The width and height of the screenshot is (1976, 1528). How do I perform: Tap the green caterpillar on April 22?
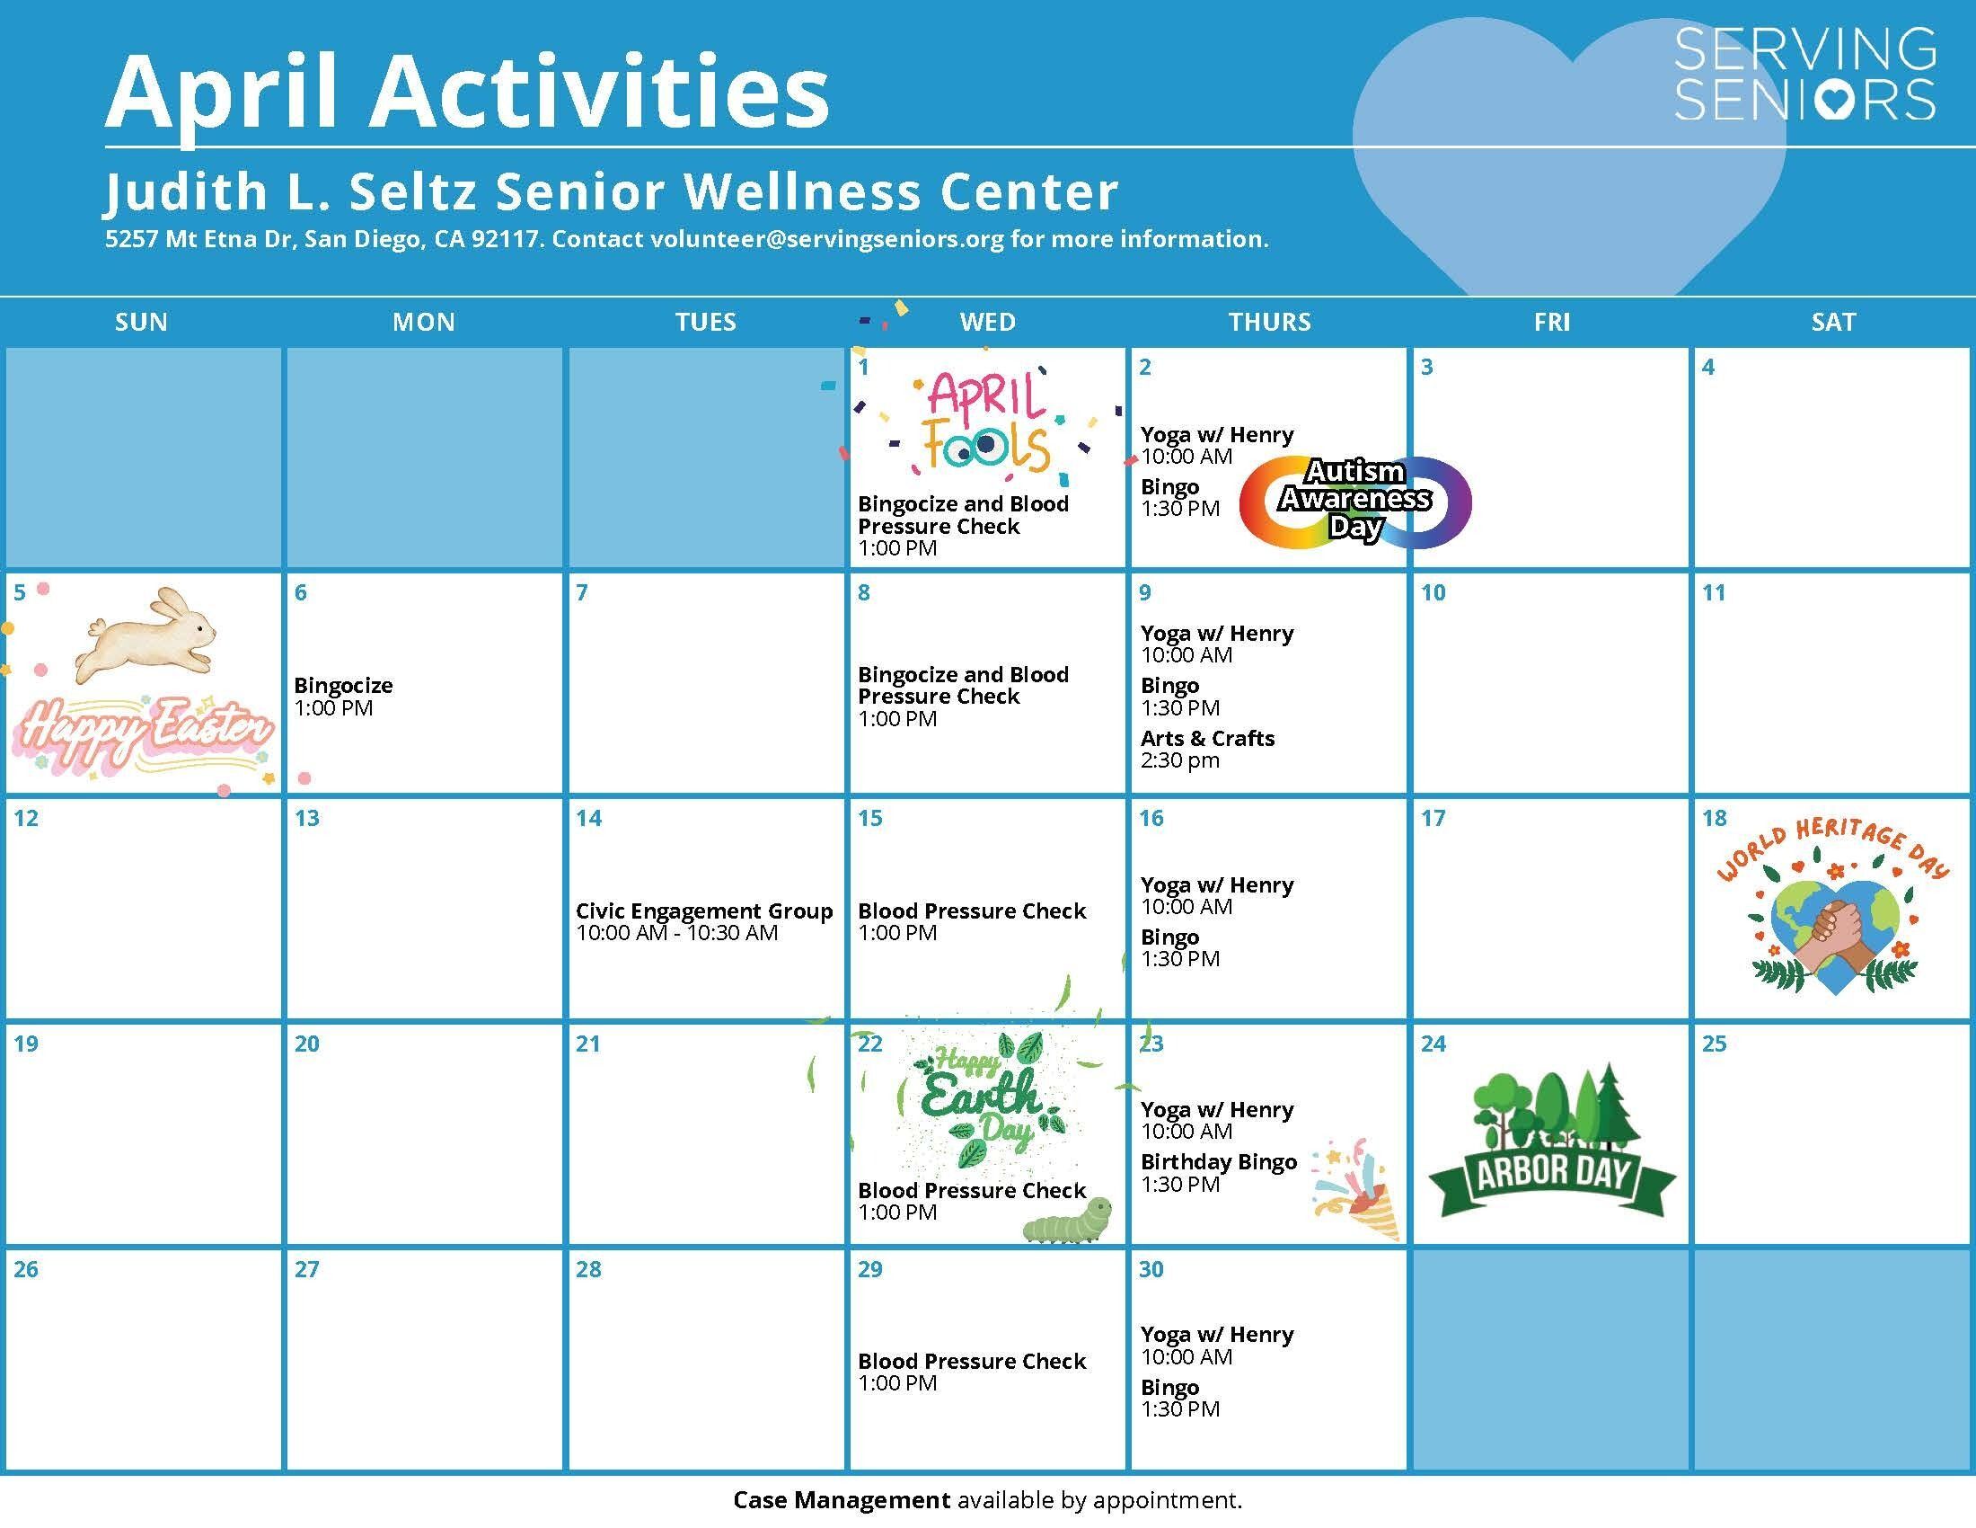[x=1068, y=1221]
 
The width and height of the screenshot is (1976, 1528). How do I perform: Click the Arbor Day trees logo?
[x=1551, y=1141]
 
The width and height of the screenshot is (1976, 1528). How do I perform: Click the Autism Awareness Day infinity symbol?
[x=1354, y=502]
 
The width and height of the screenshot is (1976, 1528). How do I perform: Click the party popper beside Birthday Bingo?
[x=1355, y=1189]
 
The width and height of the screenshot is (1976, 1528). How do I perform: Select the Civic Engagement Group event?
[x=704, y=911]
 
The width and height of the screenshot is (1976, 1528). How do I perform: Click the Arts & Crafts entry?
[x=1207, y=739]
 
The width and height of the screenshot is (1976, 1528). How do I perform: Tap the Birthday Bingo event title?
[x=1218, y=1162]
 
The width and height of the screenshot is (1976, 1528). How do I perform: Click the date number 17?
[x=1433, y=819]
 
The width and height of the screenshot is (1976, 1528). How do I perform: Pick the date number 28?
[x=588, y=1270]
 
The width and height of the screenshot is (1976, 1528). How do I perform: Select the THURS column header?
[x=1268, y=323]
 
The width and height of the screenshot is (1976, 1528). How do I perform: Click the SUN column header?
[x=141, y=323]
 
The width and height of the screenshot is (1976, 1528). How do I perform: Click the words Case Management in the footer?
[x=842, y=1501]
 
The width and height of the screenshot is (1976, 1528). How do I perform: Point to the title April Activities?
[x=467, y=93]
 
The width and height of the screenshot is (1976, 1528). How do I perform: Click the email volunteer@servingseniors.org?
[x=827, y=239]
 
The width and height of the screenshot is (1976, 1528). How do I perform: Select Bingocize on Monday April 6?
[x=343, y=686]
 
